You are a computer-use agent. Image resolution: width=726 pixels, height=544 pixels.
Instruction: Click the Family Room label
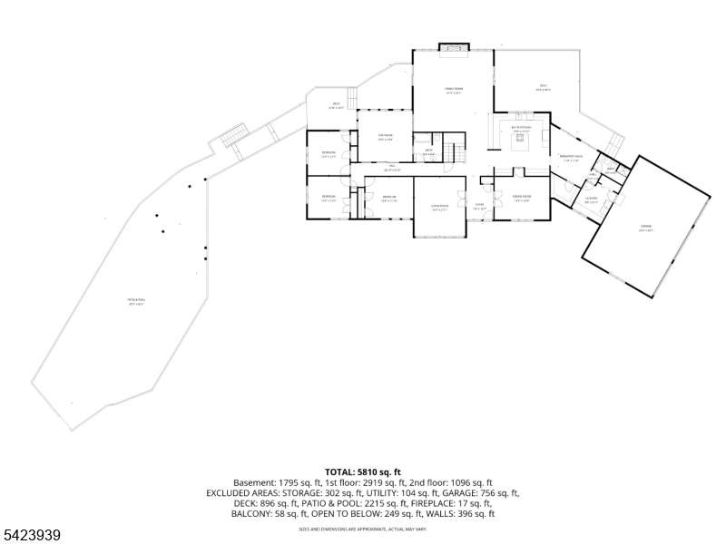pos(453,90)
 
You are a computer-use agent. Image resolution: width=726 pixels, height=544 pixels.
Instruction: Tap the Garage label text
pos(645,229)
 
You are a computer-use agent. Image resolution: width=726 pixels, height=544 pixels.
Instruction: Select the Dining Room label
pos(521,199)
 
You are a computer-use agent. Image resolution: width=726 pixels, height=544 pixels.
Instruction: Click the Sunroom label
pos(385,137)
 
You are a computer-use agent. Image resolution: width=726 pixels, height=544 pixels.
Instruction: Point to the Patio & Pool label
pos(136,303)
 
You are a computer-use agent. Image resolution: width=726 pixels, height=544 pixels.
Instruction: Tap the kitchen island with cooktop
pos(521,147)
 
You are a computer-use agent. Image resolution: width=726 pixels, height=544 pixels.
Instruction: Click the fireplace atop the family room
pos(453,46)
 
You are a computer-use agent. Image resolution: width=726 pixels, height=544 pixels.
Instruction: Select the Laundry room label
pos(591,199)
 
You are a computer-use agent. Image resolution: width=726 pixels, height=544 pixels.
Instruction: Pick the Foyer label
pos(478,206)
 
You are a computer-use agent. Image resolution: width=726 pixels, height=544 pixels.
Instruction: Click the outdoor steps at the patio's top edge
pos(234,135)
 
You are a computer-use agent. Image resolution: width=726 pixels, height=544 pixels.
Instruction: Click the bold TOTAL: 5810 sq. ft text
pos(362,472)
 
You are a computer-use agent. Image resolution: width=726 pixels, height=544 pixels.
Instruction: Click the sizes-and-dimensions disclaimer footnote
pos(362,528)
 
